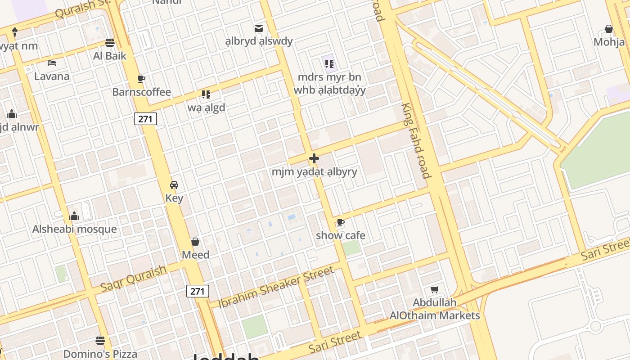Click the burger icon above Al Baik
[x=109, y=43]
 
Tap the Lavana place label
[x=52, y=76]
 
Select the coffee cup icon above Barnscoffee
[x=141, y=79]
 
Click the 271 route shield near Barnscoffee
[x=145, y=119]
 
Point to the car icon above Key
[x=174, y=184]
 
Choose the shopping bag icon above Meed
[x=195, y=242]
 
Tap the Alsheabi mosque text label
[x=74, y=229]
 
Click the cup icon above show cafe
[x=341, y=222]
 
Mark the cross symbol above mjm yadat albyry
[x=314, y=158]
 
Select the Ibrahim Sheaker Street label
[x=276, y=287]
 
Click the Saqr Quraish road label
[x=133, y=278]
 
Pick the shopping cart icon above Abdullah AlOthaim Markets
[x=434, y=289]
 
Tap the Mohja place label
[x=609, y=42]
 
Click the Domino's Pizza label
[x=100, y=354]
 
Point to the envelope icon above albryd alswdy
[x=259, y=28]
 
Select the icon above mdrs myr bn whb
[x=328, y=63]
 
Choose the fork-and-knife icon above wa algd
[x=206, y=94]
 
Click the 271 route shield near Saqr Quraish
[x=198, y=291]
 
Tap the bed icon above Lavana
[x=52, y=63]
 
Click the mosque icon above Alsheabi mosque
[x=75, y=216]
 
